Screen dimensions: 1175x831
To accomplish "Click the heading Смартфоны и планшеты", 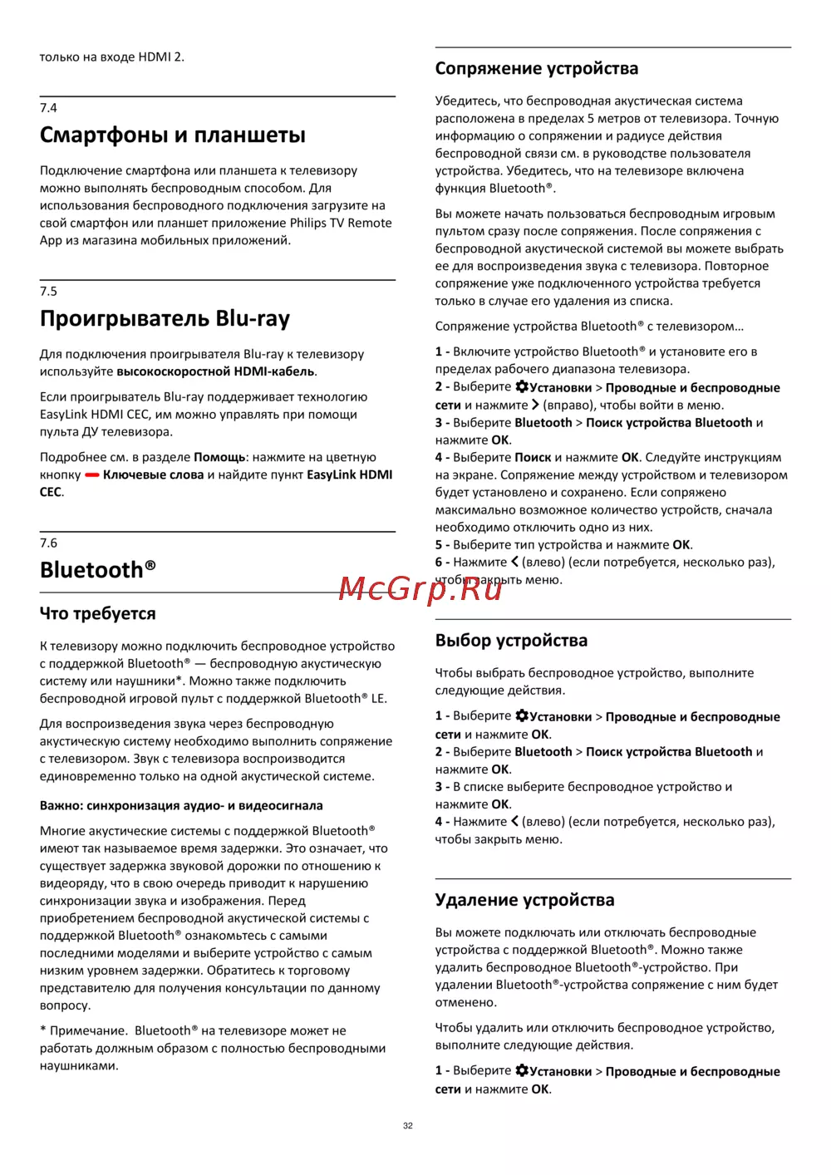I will (x=173, y=135).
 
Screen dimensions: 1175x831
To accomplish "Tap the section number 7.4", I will (x=48, y=108).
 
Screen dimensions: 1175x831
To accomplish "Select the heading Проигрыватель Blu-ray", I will (x=165, y=318).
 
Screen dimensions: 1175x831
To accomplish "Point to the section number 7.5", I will (x=48, y=292).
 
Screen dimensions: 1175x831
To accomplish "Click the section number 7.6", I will (x=48, y=543).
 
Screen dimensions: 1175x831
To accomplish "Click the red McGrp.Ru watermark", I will (x=420, y=588).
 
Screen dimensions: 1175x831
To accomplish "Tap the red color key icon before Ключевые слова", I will (x=91, y=475).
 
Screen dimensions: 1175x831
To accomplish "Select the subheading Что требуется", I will (x=98, y=614).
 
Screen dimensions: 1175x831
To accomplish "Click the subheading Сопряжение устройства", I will (x=537, y=69).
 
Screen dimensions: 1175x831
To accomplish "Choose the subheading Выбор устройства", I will (x=511, y=641).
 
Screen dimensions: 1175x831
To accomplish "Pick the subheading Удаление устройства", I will (x=524, y=900).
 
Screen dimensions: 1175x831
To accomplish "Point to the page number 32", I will (x=408, y=1126).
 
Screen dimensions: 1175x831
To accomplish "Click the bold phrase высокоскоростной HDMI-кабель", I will (x=215, y=371).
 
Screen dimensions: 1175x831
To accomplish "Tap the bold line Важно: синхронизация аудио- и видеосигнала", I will (x=181, y=805).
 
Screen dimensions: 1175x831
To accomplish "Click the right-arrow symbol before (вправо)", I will (x=535, y=405).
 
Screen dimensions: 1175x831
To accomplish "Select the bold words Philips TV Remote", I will (x=341, y=223).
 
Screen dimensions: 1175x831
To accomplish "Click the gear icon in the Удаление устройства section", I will (x=522, y=1070).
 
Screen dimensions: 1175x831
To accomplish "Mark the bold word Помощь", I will (x=219, y=457).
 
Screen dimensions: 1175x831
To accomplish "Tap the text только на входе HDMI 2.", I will (x=112, y=57).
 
